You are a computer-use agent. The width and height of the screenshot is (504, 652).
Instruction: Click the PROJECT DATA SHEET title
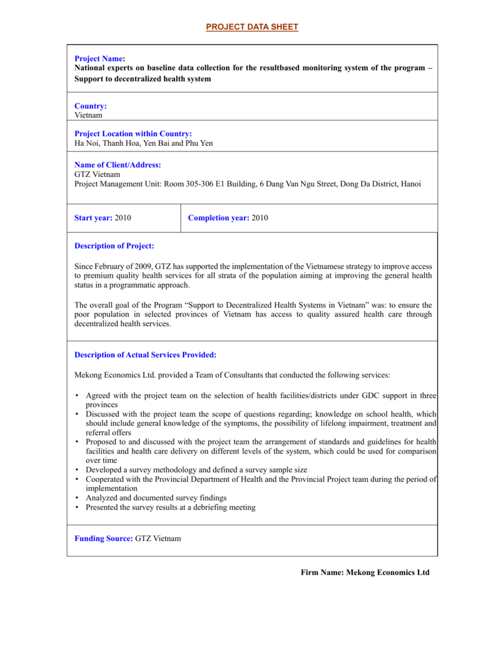(x=252, y=27)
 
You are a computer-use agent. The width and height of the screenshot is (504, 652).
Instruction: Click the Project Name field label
(x=99, y=59)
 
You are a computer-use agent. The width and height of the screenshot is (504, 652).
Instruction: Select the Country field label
(x=90, y=106)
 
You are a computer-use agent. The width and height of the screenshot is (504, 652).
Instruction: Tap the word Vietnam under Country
(x=89, y=115)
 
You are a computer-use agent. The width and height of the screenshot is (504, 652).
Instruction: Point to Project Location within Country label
(x=133, y=134)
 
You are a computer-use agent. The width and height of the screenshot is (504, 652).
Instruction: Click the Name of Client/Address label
(x=117, y=165)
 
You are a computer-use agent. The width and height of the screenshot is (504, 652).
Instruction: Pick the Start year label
(x=93, y=218)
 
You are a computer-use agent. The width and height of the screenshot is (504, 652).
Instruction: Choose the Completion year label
(x=219, y=218)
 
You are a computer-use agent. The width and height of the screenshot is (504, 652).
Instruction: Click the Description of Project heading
(x=114, y=246)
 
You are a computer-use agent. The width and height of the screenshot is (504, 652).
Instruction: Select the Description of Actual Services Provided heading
(x=145, y=355)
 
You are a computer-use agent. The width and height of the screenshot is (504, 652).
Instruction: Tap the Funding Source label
(x=103, y=538)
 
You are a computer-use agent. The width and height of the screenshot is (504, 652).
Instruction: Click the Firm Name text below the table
(x=365, y=572)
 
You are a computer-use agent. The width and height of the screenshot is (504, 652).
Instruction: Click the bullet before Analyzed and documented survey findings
(x=77, y=498)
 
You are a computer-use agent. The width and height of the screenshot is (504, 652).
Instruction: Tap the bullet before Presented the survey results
(x=77, y=507)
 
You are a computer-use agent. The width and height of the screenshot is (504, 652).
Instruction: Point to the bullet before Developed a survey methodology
(x=77, y=469)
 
